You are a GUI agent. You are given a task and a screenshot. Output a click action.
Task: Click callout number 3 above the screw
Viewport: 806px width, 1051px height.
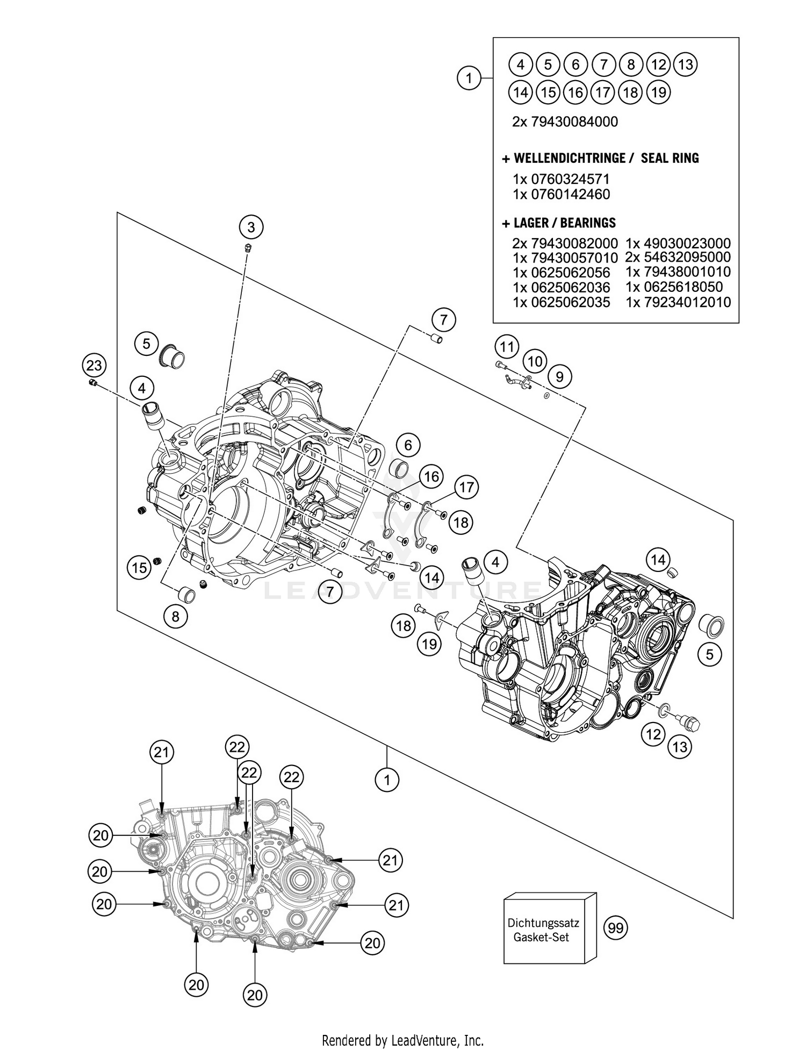[x=251, y=227]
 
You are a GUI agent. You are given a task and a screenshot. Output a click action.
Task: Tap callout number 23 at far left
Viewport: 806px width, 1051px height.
[x=94, y=366]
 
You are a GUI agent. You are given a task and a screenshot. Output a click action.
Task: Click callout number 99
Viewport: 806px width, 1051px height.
[x=616, y=928]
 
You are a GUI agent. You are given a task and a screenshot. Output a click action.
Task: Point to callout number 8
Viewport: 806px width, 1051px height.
[x=176, y=616]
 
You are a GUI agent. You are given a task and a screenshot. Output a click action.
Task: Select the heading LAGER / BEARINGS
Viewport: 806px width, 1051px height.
[x=559, y=223]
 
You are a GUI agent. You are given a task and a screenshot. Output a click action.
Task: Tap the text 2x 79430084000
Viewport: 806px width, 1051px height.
[x=565, y=121]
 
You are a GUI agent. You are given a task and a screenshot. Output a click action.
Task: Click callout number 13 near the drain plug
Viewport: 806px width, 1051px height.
[x=680, y=747]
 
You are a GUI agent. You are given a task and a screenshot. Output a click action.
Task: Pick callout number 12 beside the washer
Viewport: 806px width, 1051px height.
[x=653, y=734]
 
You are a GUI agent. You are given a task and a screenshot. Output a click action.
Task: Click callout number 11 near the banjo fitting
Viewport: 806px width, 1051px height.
[x=507, y=346]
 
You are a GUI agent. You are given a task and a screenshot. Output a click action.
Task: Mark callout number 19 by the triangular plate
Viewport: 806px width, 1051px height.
[x=429, y=644]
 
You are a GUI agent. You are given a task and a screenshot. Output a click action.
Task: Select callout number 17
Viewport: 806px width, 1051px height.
[x=466, y=487]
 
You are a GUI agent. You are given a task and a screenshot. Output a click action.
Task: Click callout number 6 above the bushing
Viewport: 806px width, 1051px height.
[x=408, y=445]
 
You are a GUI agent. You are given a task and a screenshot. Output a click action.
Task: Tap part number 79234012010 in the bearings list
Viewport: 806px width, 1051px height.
[x=678, y=302]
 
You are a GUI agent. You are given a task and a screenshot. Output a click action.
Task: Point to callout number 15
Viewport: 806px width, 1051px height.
[x=139, y=567]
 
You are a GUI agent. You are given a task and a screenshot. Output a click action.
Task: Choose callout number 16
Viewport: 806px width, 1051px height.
[x=431, y=476]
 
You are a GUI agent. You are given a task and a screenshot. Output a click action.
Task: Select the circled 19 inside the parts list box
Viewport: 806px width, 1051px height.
[x=658, y=92]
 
